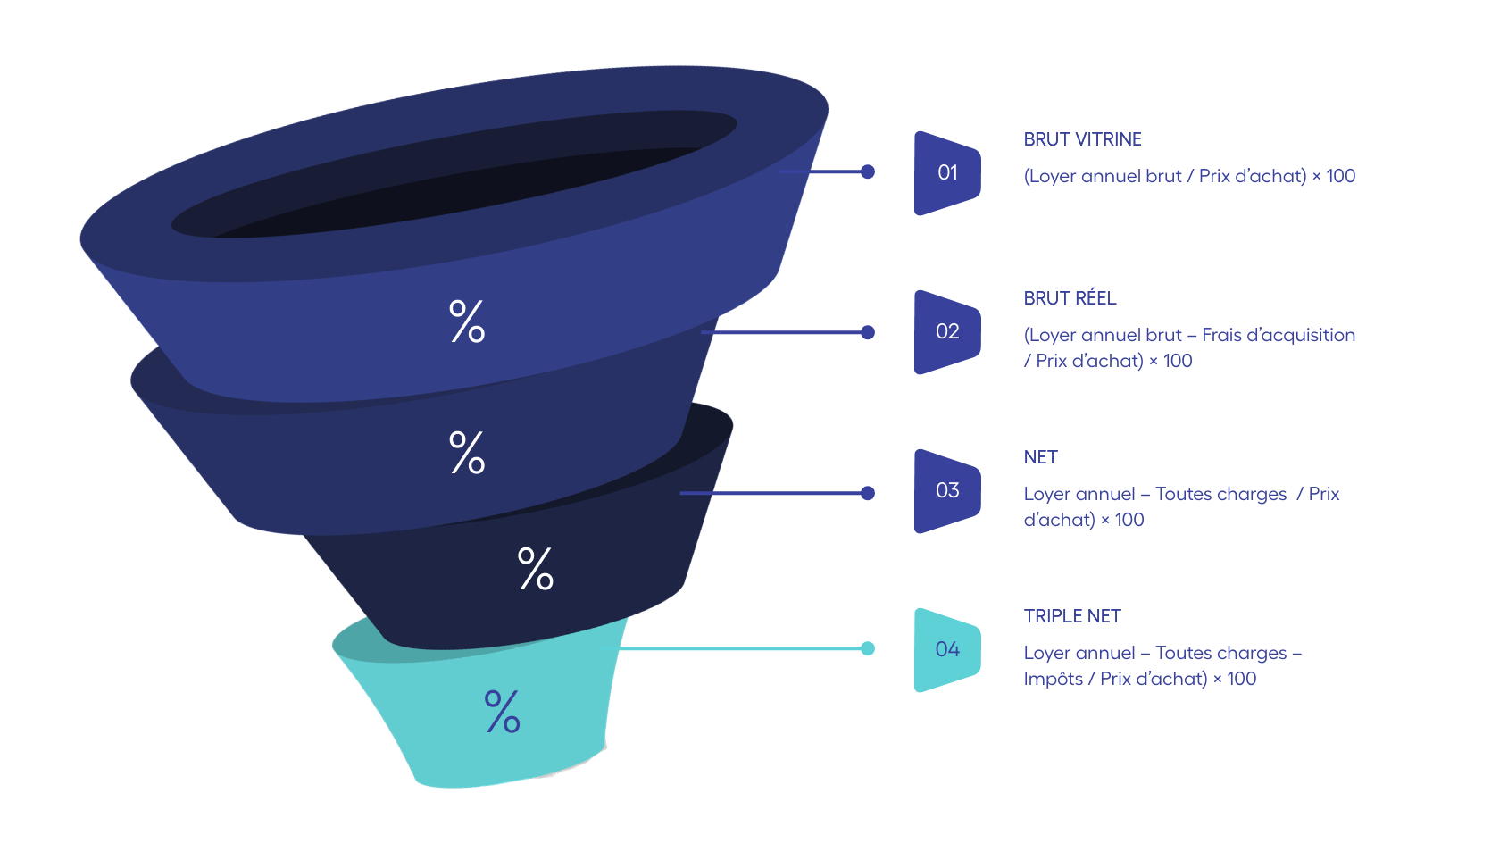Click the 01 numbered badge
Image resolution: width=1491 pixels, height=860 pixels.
(x=947, y=173)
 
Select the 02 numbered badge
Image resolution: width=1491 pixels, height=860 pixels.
(x=947, y=332)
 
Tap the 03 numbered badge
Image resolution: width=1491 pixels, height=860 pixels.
(x=947, y=491)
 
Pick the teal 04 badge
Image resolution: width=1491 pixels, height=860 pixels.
(x=947, y=649)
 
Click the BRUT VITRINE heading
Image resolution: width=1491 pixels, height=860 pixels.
(x=1082, y=139)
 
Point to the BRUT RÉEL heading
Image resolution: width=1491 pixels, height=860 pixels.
(x=1070, y=297)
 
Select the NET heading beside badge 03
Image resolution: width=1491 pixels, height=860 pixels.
(x=1040, y=457)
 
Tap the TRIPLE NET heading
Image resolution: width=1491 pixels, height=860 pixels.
(x=1072, y=616)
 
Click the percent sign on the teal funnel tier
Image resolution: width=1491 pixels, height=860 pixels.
(x=503, y=711)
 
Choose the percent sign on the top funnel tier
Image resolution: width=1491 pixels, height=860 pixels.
(x=467, y=321)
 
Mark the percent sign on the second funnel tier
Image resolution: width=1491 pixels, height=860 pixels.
(x=467, y=453)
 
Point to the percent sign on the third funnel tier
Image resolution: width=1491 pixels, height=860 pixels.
(x=536, y=569)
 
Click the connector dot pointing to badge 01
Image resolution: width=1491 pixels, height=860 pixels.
(x=867, y=171)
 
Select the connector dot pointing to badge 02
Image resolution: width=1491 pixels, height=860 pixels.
(x=867, y=332)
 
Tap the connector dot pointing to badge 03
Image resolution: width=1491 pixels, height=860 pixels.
(x=867, y=493)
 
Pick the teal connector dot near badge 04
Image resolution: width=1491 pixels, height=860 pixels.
(x=867, y=648)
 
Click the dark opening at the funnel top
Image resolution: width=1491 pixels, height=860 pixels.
(x=454, y=174)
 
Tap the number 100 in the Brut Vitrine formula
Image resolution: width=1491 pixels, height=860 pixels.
(x=1341, y=176)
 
